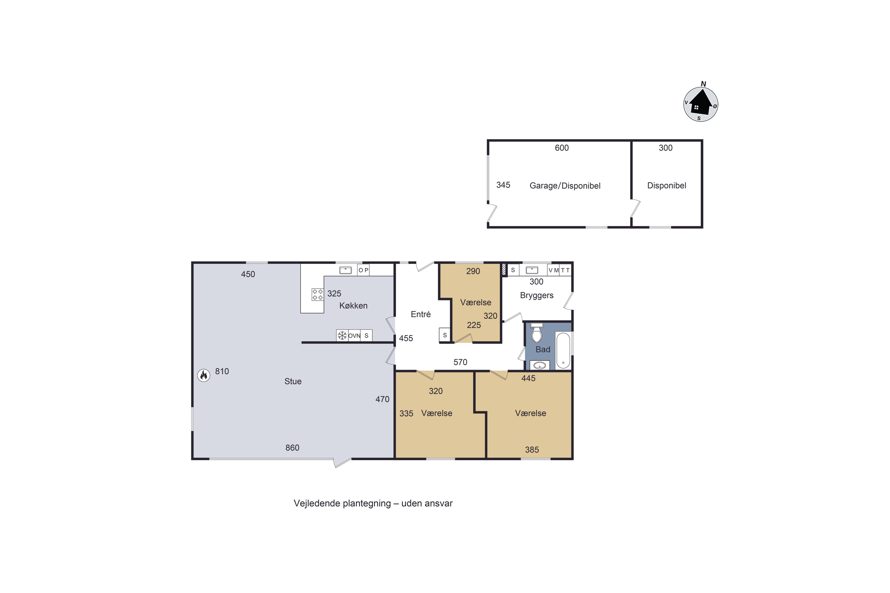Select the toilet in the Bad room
click(x=537, y=333)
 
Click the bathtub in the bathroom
click(x=563, y=350)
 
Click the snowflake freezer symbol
click(x=342, y=335)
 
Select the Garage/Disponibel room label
click(x=565, y=186)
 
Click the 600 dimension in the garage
click(x=562, y=148)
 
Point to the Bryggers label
click(x=537, y=296)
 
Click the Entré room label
click(x=420, y=314)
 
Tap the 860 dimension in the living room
click(x=292, y=448)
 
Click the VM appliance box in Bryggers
click(x=553, y=270)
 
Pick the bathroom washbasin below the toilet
click(x=540, y=365)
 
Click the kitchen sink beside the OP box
click(x=346, y=270)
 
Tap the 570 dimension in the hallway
click(x=460, y=362)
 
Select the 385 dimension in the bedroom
click(x=532, y=450)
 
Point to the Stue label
click(x=293, y=381)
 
